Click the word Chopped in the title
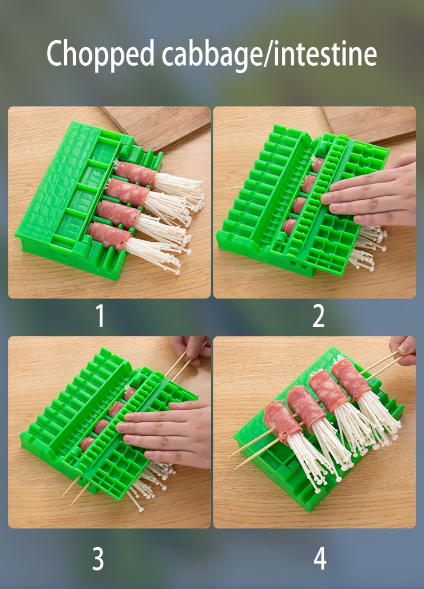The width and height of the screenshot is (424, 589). [x=100, y=54]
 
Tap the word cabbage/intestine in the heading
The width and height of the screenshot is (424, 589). [x=269, y=54]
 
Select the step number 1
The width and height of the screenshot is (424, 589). [x=100, y=315]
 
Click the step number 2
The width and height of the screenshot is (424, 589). [x=319, y=315]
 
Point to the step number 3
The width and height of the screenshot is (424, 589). [x=98, y=559]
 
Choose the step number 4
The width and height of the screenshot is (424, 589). [x=320, y=559]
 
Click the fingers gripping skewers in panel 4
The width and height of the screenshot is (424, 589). [x=403, y=350]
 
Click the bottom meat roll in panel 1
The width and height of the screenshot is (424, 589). [x=109, y=236]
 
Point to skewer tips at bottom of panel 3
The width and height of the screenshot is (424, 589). [x=75, y=491]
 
